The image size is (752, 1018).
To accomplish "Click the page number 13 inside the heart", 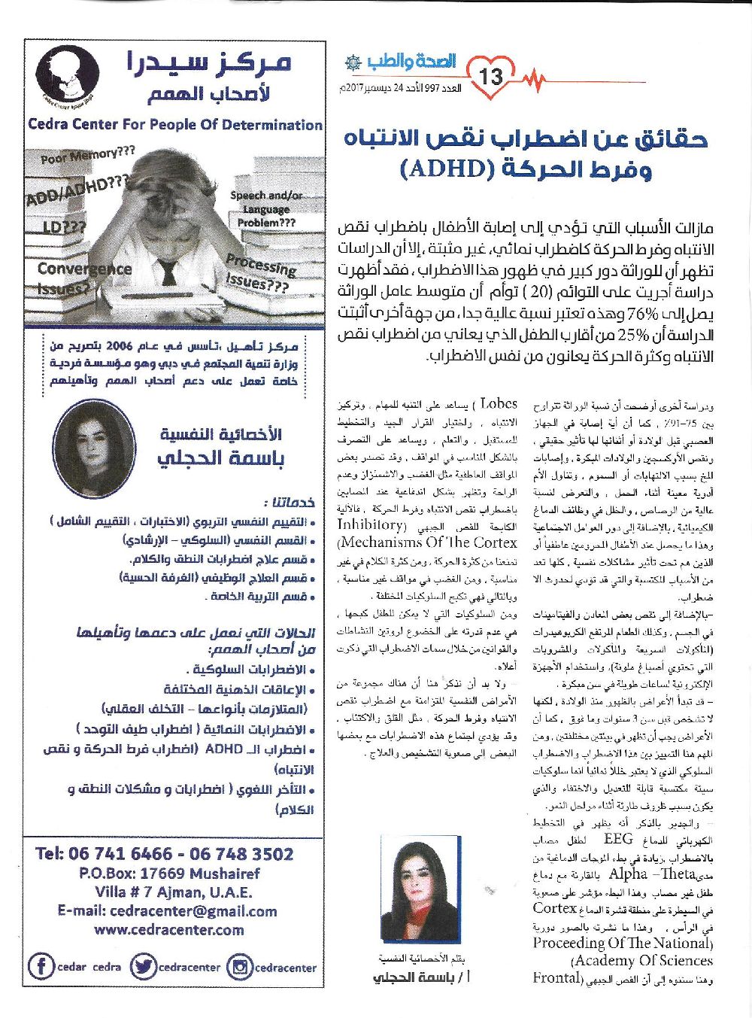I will (x=495, y=76).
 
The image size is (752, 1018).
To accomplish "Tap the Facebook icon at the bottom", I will (x=41, y=967).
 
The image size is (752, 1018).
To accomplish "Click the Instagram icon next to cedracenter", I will (x=240, y=967).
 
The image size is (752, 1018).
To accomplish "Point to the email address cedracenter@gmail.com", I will (x=167, y=911).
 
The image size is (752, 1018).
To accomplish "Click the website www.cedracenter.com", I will (x=168, y=929).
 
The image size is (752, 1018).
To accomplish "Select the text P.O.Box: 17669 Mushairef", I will (x=168, y=874).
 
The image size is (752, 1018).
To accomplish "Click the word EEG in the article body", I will (x=618, y=839).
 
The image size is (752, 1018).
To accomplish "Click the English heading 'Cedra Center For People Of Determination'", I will (x=175, y=125).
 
